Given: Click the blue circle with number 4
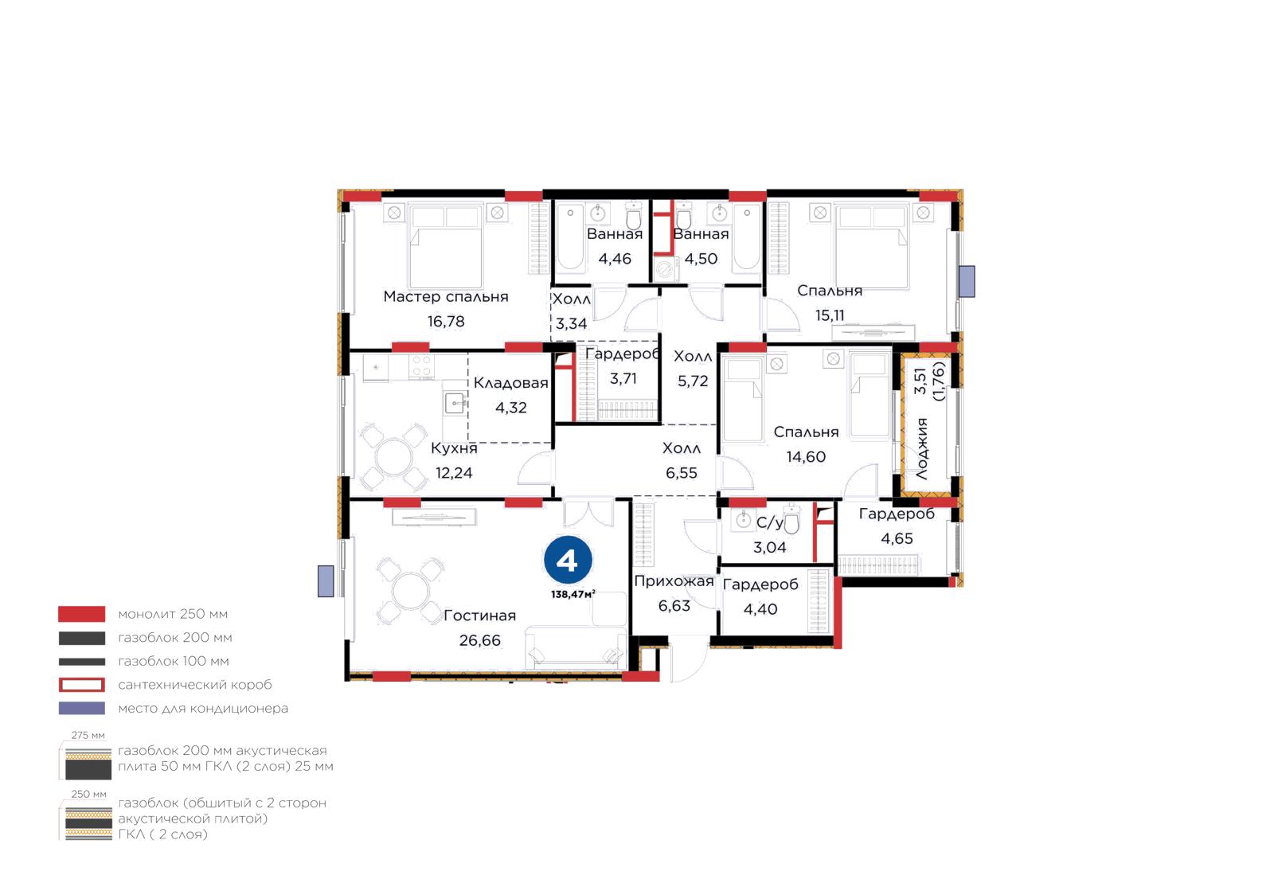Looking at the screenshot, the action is click(568, 560).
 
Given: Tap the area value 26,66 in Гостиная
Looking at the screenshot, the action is click(479, 640).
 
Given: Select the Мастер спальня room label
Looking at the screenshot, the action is click(445, 297).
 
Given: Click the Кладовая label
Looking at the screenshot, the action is click(510, 383).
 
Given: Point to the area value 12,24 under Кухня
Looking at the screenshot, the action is click(453, 473).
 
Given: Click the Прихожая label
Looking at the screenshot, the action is click(674, 581).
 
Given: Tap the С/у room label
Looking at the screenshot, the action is click(769, 522).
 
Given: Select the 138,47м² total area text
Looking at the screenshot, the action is click(573, 594).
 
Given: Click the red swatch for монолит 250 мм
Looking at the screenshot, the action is click(81, 614).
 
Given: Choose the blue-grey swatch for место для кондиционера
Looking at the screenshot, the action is click(81, 709).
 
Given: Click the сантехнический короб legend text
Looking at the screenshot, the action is click(194, 685).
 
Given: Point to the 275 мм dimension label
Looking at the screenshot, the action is click(88, 735).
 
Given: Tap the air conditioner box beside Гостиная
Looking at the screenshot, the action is click(326, 581).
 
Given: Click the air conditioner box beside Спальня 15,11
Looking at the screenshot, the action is click(967, 281).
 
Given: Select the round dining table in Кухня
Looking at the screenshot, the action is click(393, 456).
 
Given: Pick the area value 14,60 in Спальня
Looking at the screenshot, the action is click(805, 457).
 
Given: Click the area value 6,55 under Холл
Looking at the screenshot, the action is click(681, 473).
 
